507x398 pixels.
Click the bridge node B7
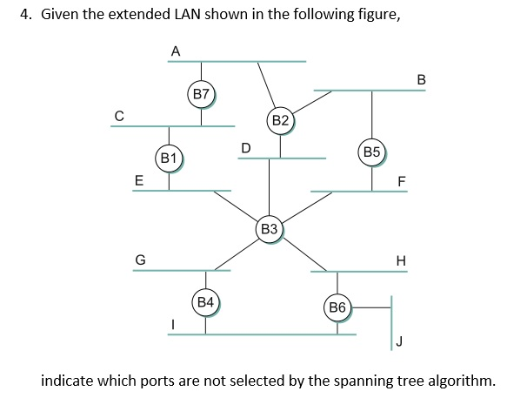[202, 93]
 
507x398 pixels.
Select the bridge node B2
[280, 119]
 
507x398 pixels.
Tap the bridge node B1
[169, 158]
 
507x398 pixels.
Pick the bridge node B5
[372, 151]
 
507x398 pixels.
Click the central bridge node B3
[269, 228]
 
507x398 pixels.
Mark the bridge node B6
[337, 307]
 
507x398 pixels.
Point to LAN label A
[175, 51]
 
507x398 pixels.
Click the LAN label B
[422, 80]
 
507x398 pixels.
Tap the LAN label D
[245, 147]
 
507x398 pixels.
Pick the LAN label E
[137, 180]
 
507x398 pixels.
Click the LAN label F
[401, 181]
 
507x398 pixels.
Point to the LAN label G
[139, 259]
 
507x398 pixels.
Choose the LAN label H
[400, 260]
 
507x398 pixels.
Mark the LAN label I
[171, 324]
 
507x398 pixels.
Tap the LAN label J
[399, 341]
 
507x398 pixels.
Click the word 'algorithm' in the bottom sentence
[460, 380]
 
